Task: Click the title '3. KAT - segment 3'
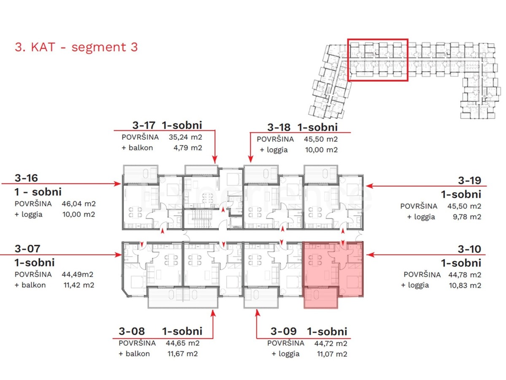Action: coord(76,47)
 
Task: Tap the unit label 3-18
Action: coord(279,127)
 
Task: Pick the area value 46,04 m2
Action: coord(78,204)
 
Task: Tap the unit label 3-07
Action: coord(27,249)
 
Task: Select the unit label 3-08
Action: coord(131,331)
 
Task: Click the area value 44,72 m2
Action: coord(331,343)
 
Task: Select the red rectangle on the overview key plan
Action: coord(377,60)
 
